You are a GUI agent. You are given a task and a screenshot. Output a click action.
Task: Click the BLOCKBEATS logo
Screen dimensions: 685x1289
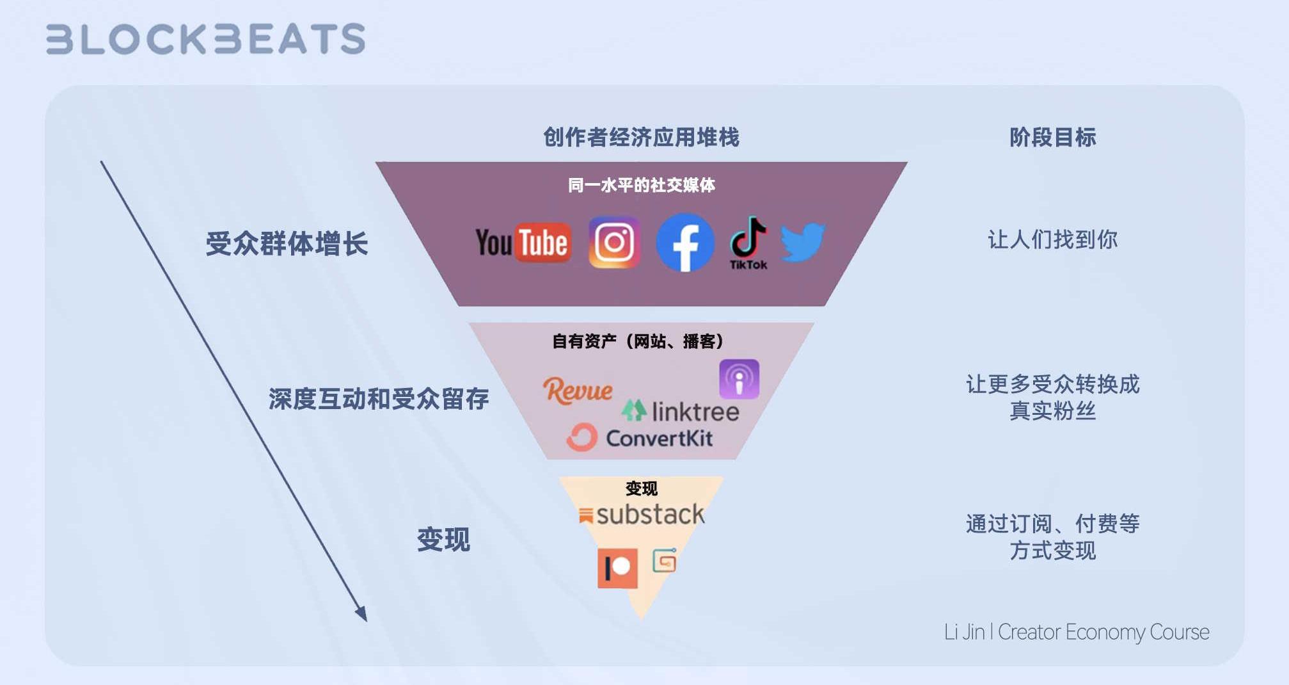(x=205, y=38)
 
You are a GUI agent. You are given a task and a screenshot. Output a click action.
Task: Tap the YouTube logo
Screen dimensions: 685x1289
(x=523, y=243)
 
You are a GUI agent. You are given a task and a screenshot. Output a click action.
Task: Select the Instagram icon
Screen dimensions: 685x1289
(x=614, y=242)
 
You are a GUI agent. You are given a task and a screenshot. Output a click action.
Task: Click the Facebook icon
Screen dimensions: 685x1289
(x=685, y=243)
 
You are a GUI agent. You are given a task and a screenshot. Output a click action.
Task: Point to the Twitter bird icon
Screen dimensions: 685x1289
(x=803, y=241)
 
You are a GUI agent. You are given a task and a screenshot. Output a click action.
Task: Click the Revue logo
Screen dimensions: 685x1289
(x=578, y=390)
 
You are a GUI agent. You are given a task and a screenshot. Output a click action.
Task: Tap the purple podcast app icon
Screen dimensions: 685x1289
(x=739, y=379)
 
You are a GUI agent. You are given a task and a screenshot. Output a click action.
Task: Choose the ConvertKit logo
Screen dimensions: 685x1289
(x=640, y=438)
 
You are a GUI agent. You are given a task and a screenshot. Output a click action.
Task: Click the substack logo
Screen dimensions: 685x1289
(x=642, y=515)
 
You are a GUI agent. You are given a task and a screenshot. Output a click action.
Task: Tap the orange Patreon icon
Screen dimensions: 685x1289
(x=617, y=568)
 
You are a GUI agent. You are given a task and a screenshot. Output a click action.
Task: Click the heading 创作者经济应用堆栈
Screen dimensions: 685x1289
(x=641, y=137)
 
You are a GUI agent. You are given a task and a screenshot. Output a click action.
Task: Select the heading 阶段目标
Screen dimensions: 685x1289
(x=1052, y=137)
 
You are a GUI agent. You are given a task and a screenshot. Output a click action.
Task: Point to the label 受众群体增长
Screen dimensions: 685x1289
(x=287, y=244)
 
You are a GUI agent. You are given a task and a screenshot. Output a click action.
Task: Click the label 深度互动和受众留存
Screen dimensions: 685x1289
(x=379, y=399)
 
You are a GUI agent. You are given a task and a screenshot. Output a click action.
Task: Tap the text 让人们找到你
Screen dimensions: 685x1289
(x=1052, y=239)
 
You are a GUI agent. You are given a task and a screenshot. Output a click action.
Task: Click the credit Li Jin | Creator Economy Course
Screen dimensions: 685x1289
(x=1077, y=632)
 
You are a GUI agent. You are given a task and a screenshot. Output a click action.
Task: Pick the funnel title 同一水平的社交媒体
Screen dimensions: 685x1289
(x=641, y=186)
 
